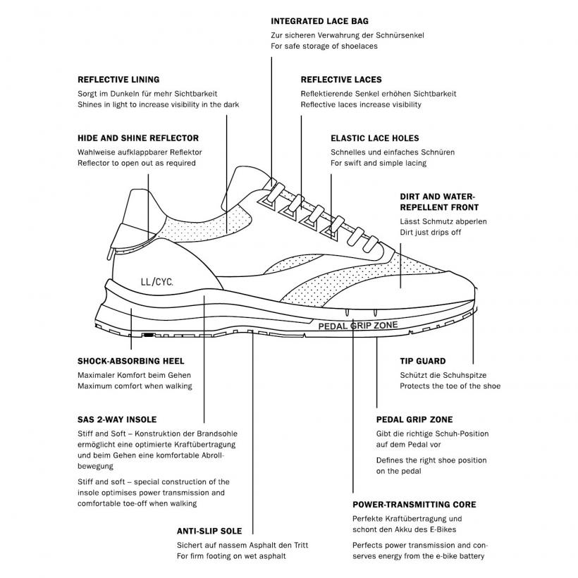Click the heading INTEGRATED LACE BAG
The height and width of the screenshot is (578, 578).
pos(319,21)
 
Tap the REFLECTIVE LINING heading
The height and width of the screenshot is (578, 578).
pos(118,80)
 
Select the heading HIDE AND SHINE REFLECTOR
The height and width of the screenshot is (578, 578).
pos(138,138)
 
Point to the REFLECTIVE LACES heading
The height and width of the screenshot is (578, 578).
pos(341,80)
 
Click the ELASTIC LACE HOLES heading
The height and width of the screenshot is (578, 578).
pos(374,138)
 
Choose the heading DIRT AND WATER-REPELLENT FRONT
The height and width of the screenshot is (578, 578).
pos(439,202)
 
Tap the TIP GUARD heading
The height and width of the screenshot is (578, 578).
pos(423,361)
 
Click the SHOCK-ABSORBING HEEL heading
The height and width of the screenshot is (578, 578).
pos(131,361)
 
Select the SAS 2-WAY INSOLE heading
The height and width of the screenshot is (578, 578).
pos(117,419)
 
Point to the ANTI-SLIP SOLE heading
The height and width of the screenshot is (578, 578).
pos(209,531)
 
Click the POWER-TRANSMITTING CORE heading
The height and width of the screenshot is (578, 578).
pos(414,505)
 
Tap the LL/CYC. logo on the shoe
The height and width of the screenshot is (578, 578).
pos(156,282)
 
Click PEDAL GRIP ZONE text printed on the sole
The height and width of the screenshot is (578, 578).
pos(358,326)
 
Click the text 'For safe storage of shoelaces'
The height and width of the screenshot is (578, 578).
pos(324,46)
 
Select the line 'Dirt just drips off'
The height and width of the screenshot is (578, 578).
pos(430,232)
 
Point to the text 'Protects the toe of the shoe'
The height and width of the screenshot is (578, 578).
pos(450,386)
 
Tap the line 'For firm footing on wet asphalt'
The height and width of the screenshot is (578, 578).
pos(231,556)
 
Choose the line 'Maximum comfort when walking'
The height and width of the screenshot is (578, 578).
pos(135,386)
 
